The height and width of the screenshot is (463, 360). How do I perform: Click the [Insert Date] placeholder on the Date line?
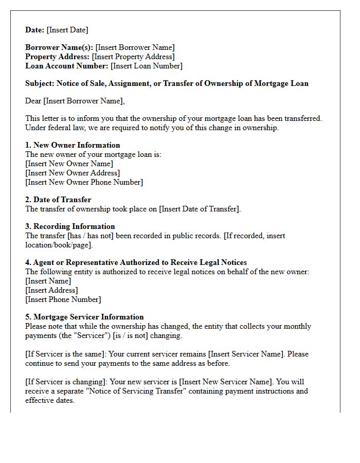click(x=67, y=30)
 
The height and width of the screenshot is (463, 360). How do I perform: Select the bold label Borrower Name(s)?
click(x=59, y=47)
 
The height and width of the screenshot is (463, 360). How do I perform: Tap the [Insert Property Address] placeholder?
click(x=133, y=57)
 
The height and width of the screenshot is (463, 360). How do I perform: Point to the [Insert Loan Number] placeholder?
click(x=147, y=66)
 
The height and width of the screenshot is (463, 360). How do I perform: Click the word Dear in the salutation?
click(x=33, y=101)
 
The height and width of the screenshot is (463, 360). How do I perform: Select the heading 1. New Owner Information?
click(x=73, y=145)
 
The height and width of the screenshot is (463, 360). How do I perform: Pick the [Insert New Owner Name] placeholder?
click(x=69, y=164)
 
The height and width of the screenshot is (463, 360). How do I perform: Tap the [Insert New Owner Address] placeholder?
click(x=73, y=173)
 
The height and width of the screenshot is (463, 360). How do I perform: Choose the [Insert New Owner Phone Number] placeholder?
click(x=84, y=182)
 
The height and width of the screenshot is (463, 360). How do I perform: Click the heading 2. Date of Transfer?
click(x=58, y=200)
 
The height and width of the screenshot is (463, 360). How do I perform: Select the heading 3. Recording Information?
click(x=70, y=226)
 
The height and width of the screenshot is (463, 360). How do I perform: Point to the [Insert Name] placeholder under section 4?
click(x=48, y=281)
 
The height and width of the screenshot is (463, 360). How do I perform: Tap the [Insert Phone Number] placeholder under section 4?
click(x=63, y=299)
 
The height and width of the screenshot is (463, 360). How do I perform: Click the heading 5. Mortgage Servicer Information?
click(x=84, y=317)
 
